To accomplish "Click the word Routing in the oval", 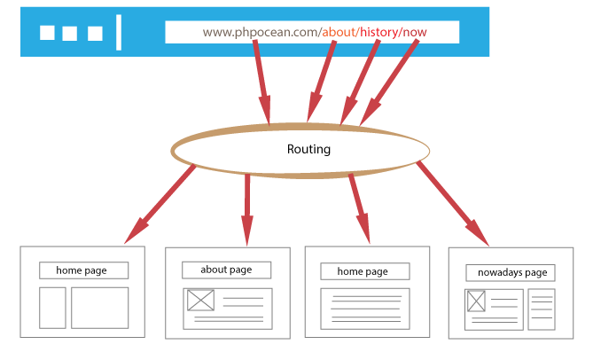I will [x=308, y=149].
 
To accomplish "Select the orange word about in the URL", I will [x=339, y=33].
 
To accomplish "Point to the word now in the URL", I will [x=415, y=33].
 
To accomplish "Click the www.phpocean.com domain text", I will [x=261, y=33].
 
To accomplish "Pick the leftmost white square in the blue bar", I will [x=48, y=34].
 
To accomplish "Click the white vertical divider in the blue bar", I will [x=119, y=33].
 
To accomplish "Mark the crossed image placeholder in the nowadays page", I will [x=476, y=301].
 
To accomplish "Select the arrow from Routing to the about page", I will [x=247, y=208].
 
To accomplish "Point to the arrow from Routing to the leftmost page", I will [x=160, y=205].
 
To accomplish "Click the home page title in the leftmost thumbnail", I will [x=84, y=270].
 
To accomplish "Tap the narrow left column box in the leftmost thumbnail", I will [x=53, y=307].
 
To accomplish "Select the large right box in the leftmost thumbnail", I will [x=100, y=307].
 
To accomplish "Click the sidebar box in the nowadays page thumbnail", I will [x=541, y=309].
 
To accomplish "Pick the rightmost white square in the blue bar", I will [x=95, y=34].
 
